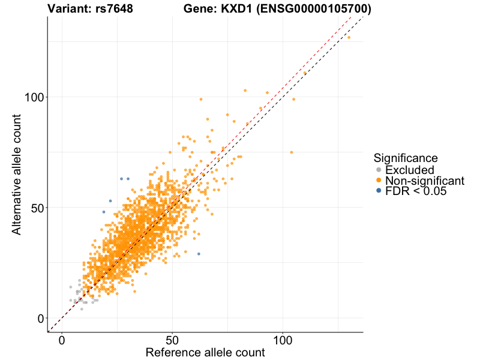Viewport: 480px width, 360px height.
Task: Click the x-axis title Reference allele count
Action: tap(205, 352)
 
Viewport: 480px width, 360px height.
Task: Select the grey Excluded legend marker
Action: tap(379, 170)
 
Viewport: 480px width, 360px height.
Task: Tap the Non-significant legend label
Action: tap(424, 181)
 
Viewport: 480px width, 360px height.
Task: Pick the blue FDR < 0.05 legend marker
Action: tap(379, 191)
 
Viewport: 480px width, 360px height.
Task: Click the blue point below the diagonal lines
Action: tap(199, 254)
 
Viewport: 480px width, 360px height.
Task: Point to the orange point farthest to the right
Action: tap(349, 37)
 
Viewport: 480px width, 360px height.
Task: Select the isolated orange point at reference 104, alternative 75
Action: tap(292, 152)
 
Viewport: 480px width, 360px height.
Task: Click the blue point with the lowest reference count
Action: tap(104, 212)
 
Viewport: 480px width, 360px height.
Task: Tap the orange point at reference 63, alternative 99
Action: tap(201, 99)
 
